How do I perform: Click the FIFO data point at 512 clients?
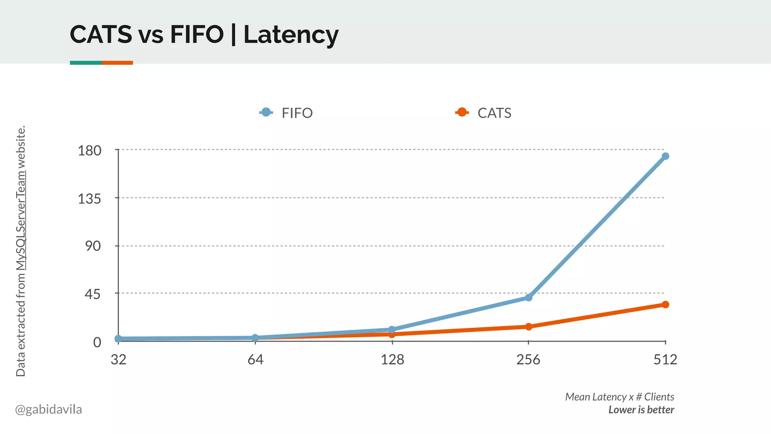[665, 156]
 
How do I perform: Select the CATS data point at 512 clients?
[665, 304]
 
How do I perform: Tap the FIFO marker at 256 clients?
[529, 298]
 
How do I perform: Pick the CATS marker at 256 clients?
[529, 327]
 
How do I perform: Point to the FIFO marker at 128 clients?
[392, 330]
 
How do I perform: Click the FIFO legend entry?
[286, 113]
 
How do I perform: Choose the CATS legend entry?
[483, 113]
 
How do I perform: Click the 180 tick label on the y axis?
[90, 151]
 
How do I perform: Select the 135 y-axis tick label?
[90, 199]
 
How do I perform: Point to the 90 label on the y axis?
[93, 246]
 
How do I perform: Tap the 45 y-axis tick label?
[93, 294]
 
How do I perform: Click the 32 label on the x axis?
[119, 360]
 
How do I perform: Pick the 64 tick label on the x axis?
[255, 360]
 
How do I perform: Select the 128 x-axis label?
[392, 360]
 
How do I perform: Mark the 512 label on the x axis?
[665, 360]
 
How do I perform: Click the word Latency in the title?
[291, 35]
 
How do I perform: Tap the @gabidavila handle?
[49, 409]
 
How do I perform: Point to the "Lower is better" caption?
[641, 410]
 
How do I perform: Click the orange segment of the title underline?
[117, 63]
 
